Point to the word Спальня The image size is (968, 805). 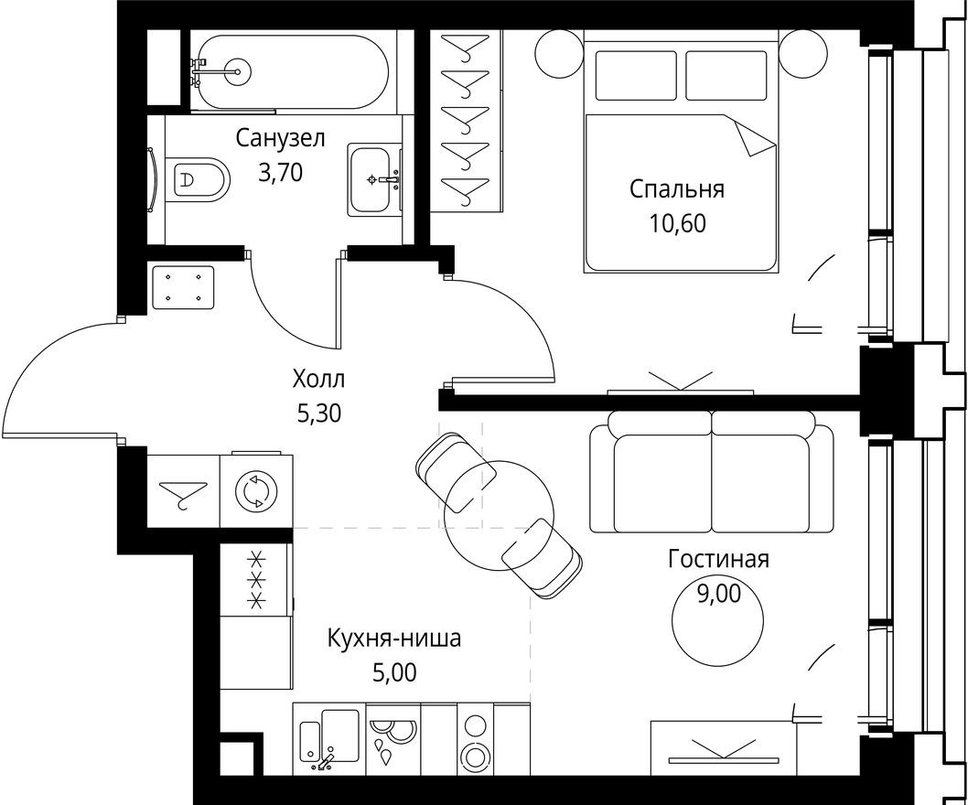(677, 189)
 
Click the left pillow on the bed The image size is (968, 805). (635, 75)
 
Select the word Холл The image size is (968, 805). (319, 378)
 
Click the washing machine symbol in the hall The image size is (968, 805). (255, 491)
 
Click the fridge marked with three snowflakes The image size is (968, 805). (256, 578)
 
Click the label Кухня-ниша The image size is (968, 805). (394, 639)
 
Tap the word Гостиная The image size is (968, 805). (718, 559)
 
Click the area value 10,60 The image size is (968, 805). (677, 224)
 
